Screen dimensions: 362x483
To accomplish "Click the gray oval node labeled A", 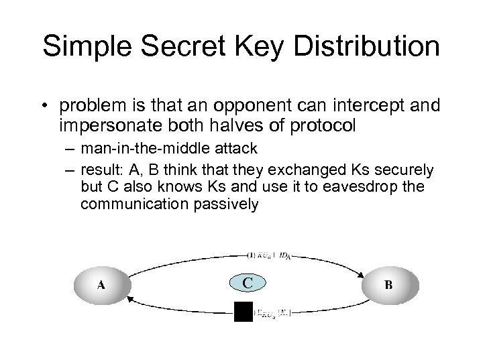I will (x=101, y=284).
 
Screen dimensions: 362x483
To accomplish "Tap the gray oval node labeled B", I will (x=388, y=284).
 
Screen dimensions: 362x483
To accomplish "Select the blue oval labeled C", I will (x=248, y=283).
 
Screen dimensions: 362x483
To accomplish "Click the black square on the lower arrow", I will (x=243, y=312).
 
